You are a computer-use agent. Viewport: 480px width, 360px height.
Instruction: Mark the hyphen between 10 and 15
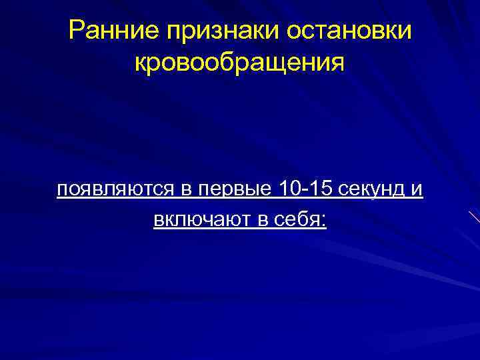[303, 192]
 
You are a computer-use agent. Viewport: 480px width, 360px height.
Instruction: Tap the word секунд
[369, 190]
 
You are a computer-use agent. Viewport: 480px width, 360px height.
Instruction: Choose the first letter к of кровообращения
[140, 64]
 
